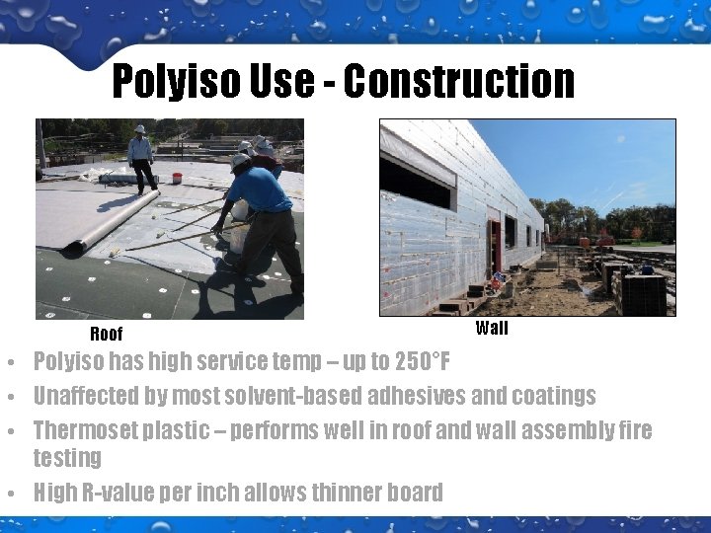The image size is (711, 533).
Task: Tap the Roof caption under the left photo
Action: (x=107, y=334)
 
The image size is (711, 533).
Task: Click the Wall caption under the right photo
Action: (x=492, y=328)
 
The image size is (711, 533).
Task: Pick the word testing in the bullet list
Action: (x=67, y=458)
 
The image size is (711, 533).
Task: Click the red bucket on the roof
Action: (x=177, y=179)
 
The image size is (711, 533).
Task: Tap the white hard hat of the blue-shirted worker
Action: (x=241, y=159)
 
